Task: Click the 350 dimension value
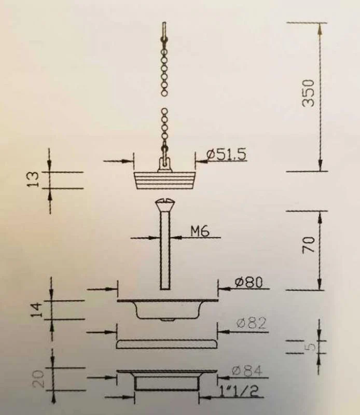pyautogui.click(x=308, y=93)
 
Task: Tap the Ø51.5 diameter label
pyautogui.click(x=227, y=154)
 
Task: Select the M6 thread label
pyautogui.click(x=200, y=231)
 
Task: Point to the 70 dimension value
pyautogui.click(x=309, y=245)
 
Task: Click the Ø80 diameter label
pyautogui.click(x=249, y=282)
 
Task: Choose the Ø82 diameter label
pyautogui.click(x=252, y=323)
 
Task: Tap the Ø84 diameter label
pyautogui.click(x=247, y=370)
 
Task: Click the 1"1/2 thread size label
pyautogui.click(x=239, y=391)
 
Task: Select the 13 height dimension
pyautogui.click(x=34, y=179)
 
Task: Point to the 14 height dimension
pyautogui.click(x=36, y=310)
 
